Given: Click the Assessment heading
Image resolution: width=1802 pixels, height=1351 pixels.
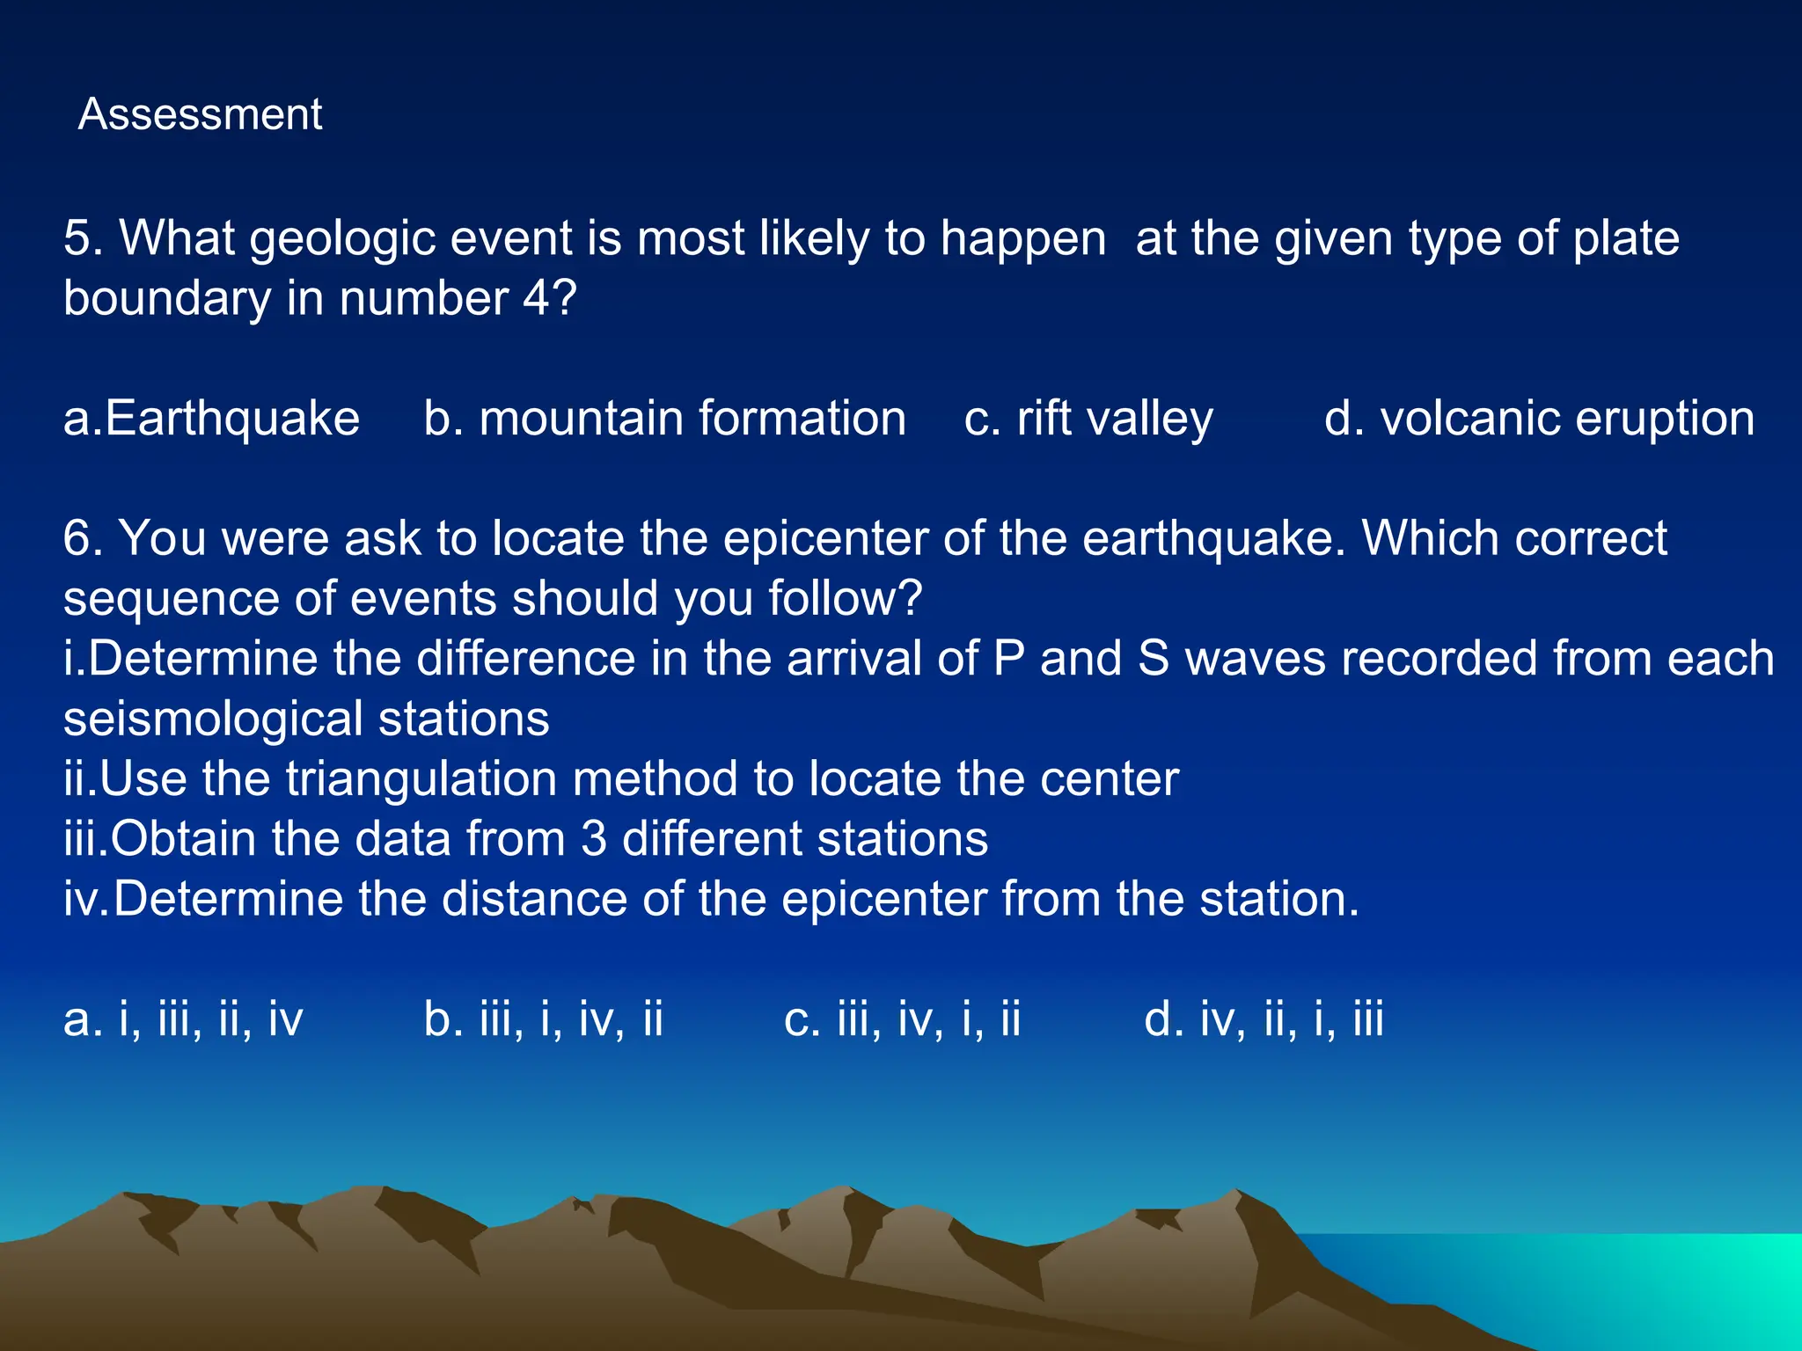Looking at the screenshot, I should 200,115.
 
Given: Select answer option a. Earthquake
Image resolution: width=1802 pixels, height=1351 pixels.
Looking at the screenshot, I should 211,418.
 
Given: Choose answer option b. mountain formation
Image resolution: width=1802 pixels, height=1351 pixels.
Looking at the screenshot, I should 664,418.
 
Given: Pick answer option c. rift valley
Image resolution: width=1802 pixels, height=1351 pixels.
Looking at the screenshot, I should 1088,419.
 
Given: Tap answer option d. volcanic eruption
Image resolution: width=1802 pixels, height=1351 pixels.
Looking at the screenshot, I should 1539,418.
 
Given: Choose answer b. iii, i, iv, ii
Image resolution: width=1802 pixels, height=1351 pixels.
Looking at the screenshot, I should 543,1019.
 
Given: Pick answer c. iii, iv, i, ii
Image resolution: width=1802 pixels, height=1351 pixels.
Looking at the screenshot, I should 902,1019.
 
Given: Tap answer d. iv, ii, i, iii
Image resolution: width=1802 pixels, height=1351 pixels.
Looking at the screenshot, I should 1264,1019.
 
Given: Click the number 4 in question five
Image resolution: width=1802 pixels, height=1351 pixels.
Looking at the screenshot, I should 537,299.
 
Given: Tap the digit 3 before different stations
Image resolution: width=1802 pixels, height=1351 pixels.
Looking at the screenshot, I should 594,839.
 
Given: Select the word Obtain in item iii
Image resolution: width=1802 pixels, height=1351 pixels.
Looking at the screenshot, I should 184,839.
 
